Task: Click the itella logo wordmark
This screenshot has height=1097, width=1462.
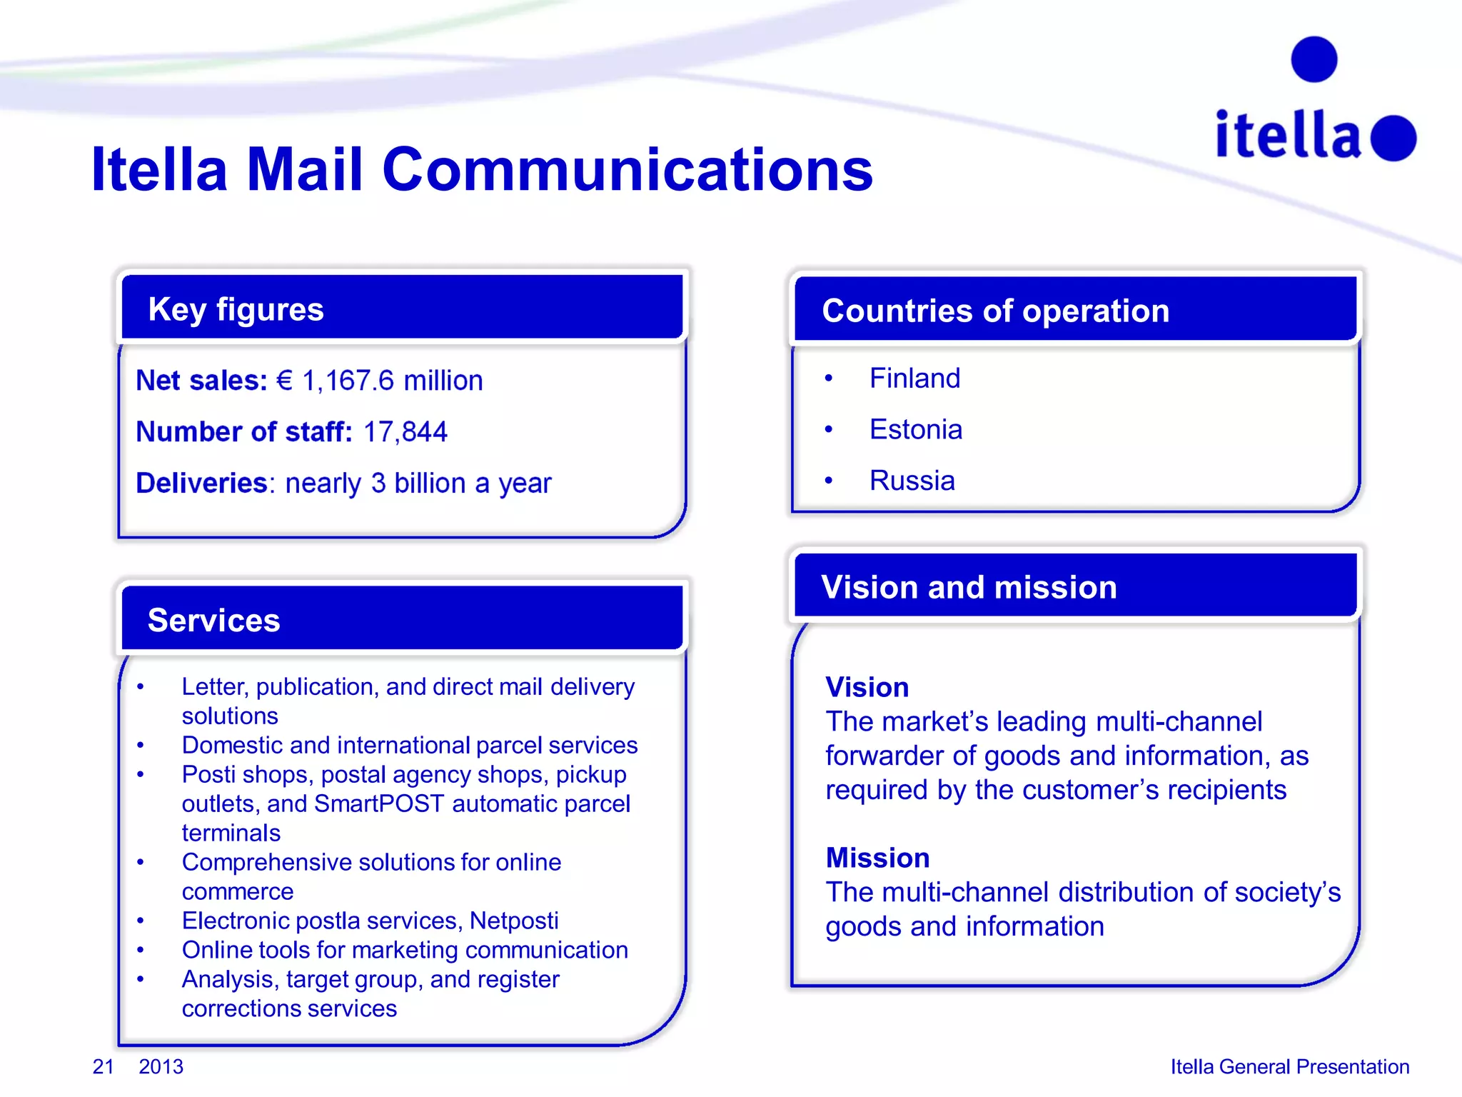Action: tap(1289, 135)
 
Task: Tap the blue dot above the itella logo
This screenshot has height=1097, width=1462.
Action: tap(1314, 59)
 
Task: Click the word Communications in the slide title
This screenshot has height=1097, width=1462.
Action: tap(627, 170)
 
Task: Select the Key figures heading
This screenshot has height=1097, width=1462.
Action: tap(236, 309)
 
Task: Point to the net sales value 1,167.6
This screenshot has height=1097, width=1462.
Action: tap(348, 381)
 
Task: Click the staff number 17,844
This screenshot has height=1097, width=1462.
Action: tap(405, 432)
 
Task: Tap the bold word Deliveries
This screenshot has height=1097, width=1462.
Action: tap(201, 484)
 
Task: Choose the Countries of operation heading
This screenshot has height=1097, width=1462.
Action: tap(995, 311)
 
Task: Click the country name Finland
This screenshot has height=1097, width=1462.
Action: tap(914, 379)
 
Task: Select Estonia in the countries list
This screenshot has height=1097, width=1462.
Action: tap(916, 430)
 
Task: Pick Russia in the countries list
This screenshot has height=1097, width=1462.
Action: tap(912, 481)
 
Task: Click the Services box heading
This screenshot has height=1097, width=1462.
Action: tap(213, 620)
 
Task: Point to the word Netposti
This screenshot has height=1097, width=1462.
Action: tap(514, 921)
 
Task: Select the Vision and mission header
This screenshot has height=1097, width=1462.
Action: tap(969, 587)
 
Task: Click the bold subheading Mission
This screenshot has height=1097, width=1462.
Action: tap(877, 858)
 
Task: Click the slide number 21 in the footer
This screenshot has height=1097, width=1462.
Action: tap(103, 1066)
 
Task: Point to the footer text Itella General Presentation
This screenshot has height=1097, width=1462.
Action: tap(1289, 1066)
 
